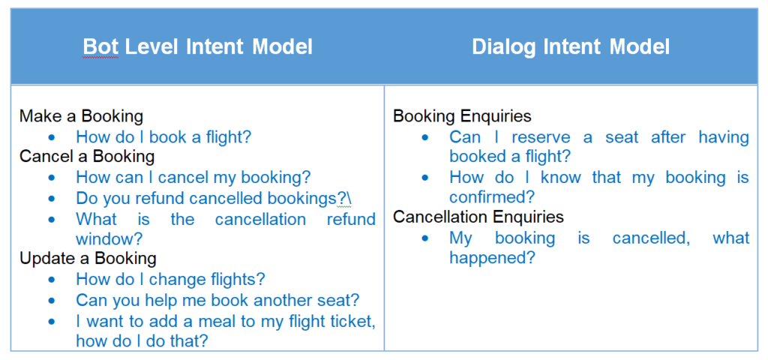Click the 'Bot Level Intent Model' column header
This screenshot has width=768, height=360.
point(197,47)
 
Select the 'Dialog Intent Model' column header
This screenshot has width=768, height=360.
point(571,47)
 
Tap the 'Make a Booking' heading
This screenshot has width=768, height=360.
point(81,116)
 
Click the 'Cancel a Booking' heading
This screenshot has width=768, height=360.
point(87,156)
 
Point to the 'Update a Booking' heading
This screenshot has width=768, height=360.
point(88,258)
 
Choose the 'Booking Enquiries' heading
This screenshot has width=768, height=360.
point(462,116)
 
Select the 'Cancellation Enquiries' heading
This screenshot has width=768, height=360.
point(478,217)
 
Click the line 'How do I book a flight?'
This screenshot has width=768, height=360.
point(163,136)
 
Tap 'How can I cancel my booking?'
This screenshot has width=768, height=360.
point(193,177)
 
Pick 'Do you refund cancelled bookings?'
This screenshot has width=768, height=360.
point(211,198)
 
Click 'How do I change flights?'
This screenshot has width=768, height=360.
point(170,279)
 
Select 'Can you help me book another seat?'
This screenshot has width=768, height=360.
point(218,300)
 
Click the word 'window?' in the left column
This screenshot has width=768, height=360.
point(109,239)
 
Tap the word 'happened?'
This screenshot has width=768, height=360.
point(492,258)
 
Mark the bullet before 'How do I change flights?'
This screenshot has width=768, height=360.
point(52,280)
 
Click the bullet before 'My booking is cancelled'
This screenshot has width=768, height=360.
point(425,238)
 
